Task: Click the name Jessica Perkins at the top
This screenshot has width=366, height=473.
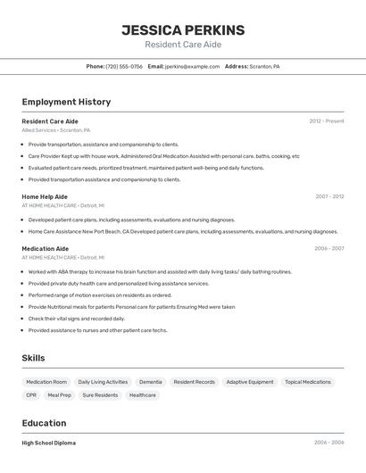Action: [183, 30]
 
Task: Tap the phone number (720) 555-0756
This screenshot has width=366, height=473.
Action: [124, 66]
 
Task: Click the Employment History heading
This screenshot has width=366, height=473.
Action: [66, 102]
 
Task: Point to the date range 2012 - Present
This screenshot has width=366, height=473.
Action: [326, 120]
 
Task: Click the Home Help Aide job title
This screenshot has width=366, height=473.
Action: [45, 196]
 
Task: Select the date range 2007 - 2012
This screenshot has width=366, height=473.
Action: [329, 196]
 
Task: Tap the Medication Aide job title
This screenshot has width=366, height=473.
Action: [45, 248]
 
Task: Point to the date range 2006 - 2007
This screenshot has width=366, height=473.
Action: [329, 248]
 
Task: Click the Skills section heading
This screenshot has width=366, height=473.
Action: [33, 358]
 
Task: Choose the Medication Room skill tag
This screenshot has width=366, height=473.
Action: [46, 382]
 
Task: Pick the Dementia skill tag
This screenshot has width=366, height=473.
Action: [151, 382]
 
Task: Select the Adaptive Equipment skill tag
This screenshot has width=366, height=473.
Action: [249, 382]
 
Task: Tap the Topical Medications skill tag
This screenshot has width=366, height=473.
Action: [307, 382]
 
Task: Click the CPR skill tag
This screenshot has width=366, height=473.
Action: [31, 394]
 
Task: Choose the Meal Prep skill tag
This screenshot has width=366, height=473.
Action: [59, 394]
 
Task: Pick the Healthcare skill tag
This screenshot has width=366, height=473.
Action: [142, 394]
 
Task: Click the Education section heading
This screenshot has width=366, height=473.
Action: [44, 423]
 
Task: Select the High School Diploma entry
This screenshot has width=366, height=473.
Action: [48, 443]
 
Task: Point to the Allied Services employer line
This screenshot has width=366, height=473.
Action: [55, 130]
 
